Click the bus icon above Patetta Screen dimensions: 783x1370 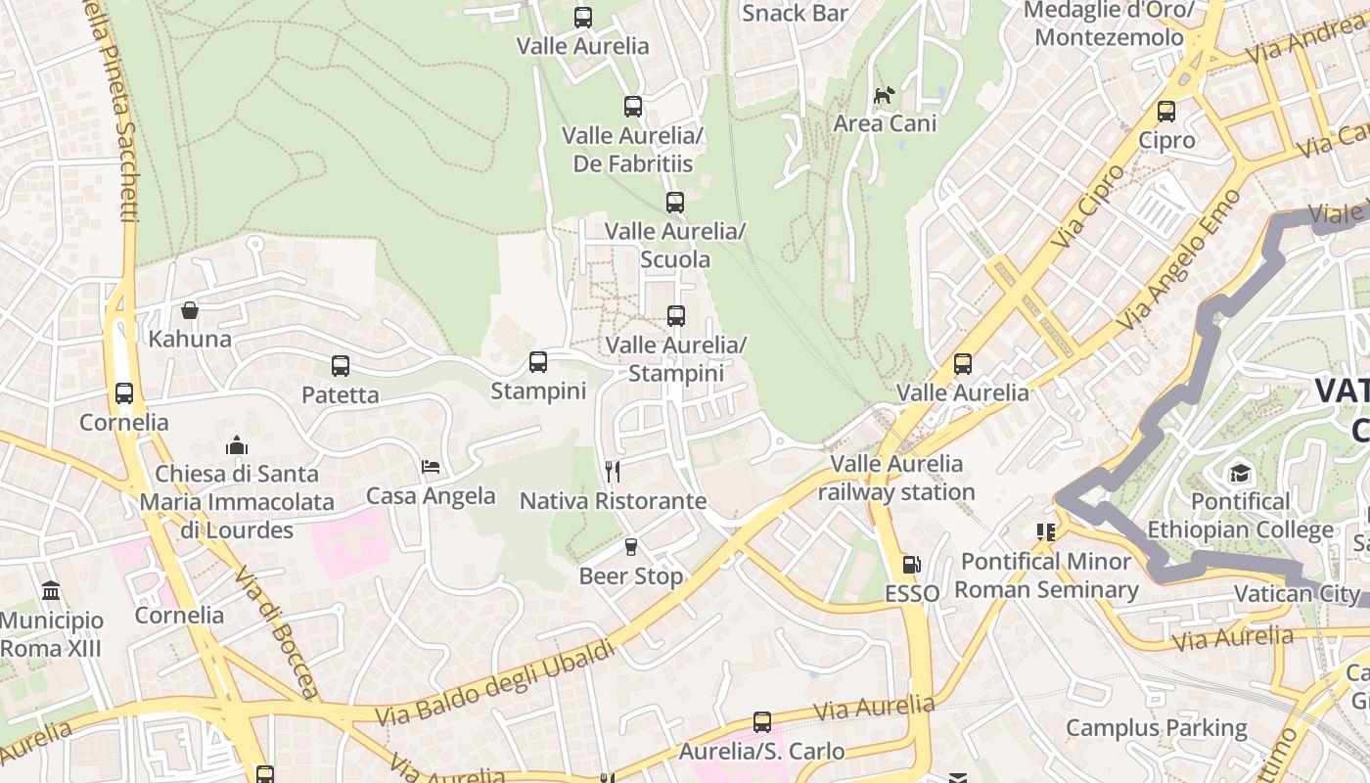pos(340,366)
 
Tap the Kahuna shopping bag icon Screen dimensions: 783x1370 pos(190,310)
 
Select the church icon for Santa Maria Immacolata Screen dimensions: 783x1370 pos(236,445)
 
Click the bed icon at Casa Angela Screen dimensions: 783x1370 pos(430,467)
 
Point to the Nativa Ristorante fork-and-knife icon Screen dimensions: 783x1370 pos(613,472)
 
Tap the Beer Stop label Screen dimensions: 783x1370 pos(630,576)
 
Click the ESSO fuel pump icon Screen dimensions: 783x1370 pos(911,565)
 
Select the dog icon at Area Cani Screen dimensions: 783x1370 pos(884,95)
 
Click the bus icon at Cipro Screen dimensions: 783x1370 pos(1165,112)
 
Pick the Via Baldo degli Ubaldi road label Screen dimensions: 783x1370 pos(495,682)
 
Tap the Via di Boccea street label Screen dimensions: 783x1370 pos(277,631)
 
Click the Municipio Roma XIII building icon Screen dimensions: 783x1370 pos(51,591)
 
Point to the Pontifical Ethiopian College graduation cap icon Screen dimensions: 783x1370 pos(1240,474)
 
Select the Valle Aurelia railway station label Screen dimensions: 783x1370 pos(896,478)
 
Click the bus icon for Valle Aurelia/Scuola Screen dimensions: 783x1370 pos(674,203)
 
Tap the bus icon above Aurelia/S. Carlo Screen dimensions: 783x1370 pos(761,722)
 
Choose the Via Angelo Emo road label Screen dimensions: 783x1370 pos(1182,259)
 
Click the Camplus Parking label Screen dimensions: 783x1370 pos(1156,728)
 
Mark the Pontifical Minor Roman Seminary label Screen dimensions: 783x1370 pos(1046,576)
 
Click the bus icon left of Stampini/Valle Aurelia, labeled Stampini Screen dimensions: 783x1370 pos(537,362)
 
